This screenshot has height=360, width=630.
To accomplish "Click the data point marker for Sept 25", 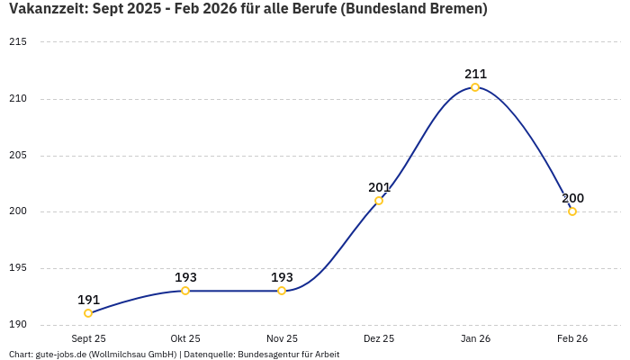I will click(x=88, y=313).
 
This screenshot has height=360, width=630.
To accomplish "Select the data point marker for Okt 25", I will click(x=185, y=291).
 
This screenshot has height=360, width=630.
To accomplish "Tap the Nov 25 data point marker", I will click(x=282, y=291).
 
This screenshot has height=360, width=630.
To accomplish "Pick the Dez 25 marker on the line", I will click(x=379, y=201).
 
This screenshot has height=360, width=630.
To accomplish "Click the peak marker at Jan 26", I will click(x=475, y=87).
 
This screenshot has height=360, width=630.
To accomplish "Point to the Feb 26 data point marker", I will click(x=572, y=211).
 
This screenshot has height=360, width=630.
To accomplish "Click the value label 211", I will click(x=475, y=74).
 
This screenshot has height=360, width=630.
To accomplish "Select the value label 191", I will click(x=88, y=300).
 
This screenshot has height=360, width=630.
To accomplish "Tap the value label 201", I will click(x=379, y=187).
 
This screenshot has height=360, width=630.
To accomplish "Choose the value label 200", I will click(x=572, y=198).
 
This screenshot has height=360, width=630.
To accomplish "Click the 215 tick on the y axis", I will click(x=18, y=42).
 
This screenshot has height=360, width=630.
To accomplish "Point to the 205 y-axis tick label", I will click(x=18, y=156).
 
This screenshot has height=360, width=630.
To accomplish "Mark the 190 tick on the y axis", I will click(x=18, y=325).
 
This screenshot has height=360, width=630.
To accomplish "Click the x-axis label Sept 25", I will click(x=88, y=338).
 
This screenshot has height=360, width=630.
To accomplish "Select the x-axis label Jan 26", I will click(x=475, y=338).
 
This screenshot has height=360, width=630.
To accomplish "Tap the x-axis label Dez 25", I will click(x=379, y=338).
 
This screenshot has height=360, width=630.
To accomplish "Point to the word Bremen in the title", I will click(x=454, y=9).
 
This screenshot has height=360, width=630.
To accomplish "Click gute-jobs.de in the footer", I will click(x=61, y=355).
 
